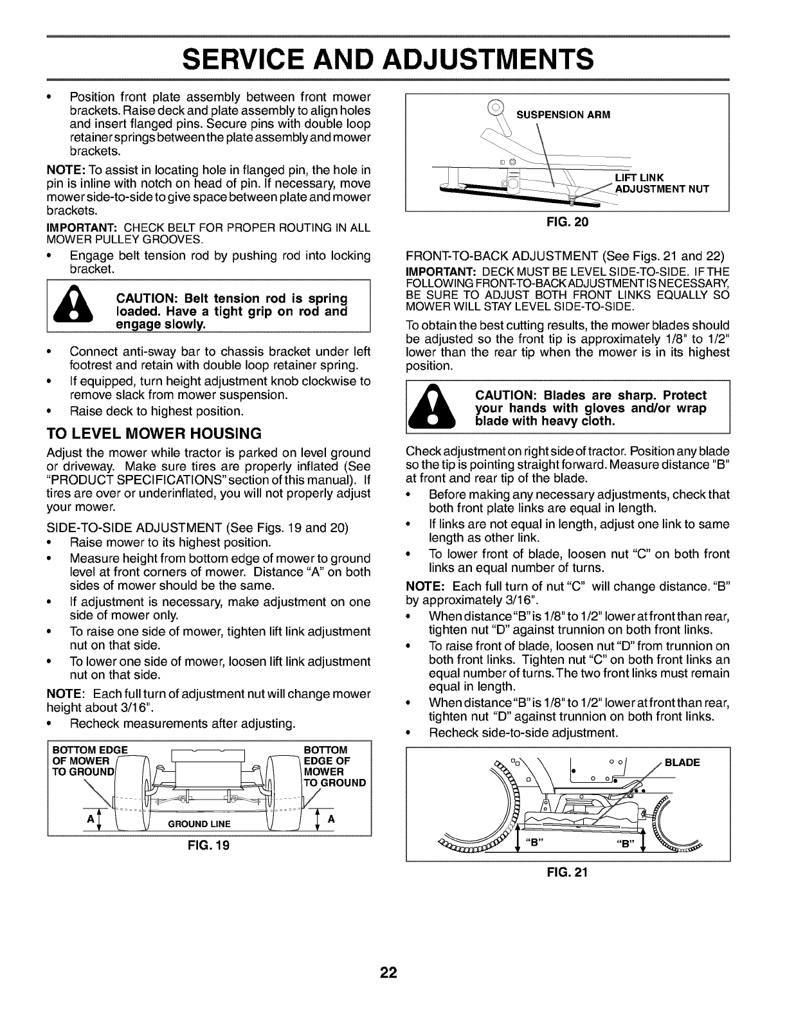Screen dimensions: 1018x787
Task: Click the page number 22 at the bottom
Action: click(x=394, y=956)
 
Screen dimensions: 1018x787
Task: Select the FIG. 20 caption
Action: click(x=568, y=222)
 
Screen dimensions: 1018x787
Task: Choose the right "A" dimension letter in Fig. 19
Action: click(x=330, y=819)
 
